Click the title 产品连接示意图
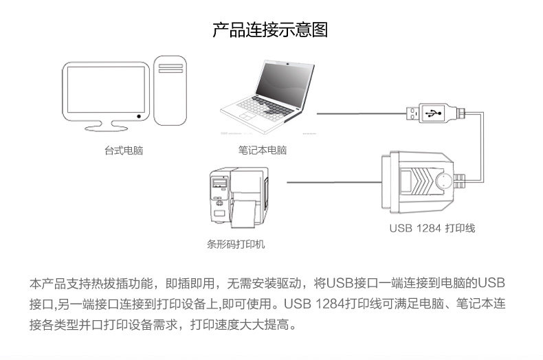click(270, 30)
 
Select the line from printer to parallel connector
click(330, 181)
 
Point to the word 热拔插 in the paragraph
click(108, 283)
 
